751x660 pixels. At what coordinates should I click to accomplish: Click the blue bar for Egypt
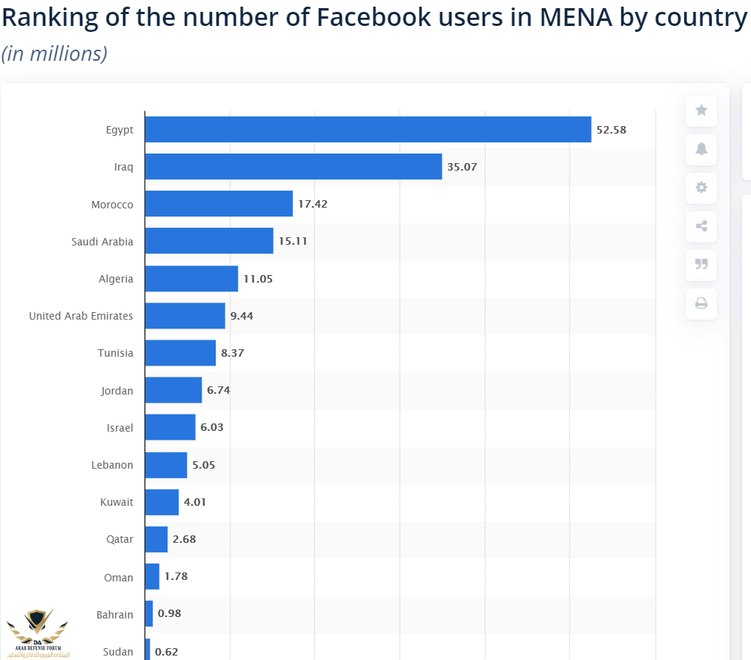(x=368, y=129)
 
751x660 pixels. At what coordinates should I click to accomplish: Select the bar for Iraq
(x=293, y=167)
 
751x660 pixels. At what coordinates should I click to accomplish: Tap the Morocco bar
(x=219, y=204)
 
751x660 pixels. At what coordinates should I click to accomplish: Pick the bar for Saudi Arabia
(x=209, y=241)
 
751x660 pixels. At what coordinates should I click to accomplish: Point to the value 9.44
(x=242, y=316)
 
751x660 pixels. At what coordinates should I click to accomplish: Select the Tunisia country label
(x=116, y=353)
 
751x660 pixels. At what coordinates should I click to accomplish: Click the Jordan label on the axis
(x=117, y=390)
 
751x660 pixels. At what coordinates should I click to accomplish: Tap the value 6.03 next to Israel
(x=211, y=428)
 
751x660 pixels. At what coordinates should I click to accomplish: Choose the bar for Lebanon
(x=166, y=465)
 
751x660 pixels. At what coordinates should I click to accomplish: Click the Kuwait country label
(x=117, y=502)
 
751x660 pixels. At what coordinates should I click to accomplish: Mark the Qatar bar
(x=156, y=539)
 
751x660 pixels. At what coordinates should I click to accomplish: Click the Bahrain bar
(x=149, y=614)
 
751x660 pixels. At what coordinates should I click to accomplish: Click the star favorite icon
(x=701, y=110)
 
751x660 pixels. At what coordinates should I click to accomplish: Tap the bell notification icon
(x=701, y=149)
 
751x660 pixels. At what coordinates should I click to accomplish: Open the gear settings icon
(x=701, y=188)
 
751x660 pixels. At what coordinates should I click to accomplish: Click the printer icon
(x=701, y=303)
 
